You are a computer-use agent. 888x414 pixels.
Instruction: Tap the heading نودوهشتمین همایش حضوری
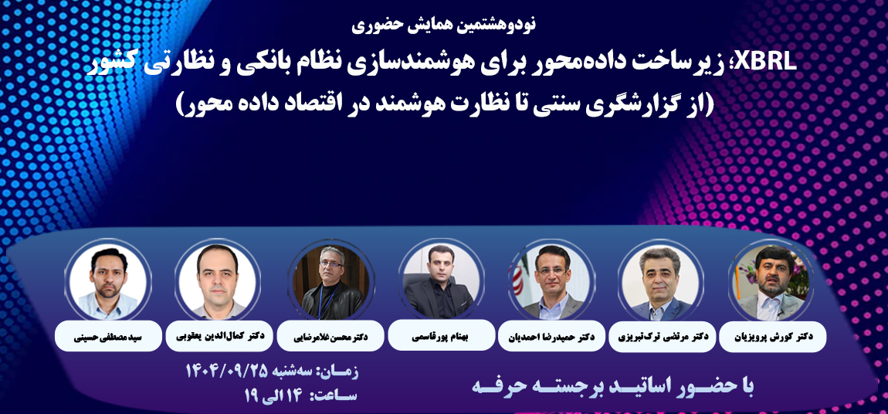[443, 24]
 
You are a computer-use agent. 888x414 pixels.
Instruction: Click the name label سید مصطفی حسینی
[108, 337]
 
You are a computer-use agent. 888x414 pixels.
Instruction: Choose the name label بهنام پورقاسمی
[441, 336]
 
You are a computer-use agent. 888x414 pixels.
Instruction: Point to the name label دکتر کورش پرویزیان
[772, 337]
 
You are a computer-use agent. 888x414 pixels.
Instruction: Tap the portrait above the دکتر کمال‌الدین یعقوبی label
[218, 280]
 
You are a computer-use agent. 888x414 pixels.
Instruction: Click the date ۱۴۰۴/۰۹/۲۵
[224, 371]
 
